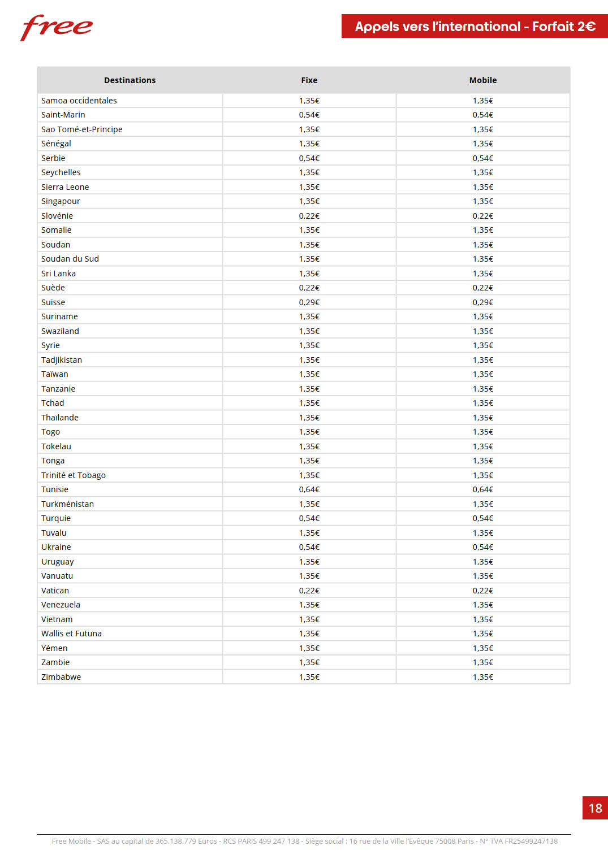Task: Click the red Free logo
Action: pos(57,27)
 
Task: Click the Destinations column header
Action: pos(130,80)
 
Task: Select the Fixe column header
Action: pos(309,80)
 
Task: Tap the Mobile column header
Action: pos(482,80)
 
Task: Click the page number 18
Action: pos(595,808)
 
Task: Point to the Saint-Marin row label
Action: pos(63,115)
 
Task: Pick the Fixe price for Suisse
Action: pos(309,302)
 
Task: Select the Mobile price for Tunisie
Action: pos(482,489)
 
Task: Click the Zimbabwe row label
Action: pos(61,677)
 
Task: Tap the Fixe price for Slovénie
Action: pos(309,216)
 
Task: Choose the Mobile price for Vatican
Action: pos(482,591)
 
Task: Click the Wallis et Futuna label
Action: pos(71,634)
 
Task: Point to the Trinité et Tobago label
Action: pos(74,475)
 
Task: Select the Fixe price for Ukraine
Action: pos(309,547)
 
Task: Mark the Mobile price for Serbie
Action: pos(482,158)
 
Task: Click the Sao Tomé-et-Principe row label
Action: pos(82,129)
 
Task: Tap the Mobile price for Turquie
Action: pos(482,518)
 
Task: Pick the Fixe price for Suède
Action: pos(309,288)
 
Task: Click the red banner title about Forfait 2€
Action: pos(475,27)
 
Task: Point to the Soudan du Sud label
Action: pos(70,259)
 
